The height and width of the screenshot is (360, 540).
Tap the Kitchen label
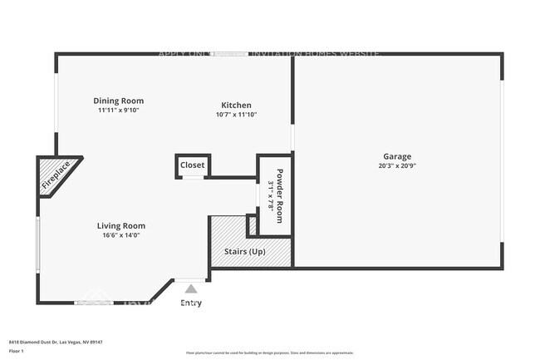pos(236,105)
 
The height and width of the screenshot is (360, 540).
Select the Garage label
pos(396,155)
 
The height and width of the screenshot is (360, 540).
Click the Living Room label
pos(121,225)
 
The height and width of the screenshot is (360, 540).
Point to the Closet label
pos(192,165)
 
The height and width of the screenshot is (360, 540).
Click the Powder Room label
pos(280,195)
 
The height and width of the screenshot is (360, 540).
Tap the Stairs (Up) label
pos(245,251)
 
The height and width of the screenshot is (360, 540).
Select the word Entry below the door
pos(190,303)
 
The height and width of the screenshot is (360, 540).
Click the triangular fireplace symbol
pos(56,176)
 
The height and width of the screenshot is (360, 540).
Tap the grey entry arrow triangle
pos(190,288)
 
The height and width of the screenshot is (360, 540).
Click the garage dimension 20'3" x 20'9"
pos(396,165)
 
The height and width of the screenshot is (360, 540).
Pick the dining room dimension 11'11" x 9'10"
pos(118,110)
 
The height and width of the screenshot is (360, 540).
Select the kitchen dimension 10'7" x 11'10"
pos(236,115)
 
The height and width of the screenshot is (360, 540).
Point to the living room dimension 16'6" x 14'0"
pos(121,235)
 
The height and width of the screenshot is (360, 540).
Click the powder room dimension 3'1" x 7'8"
pos(271,195)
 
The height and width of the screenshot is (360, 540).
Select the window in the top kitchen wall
pos(229,55)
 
